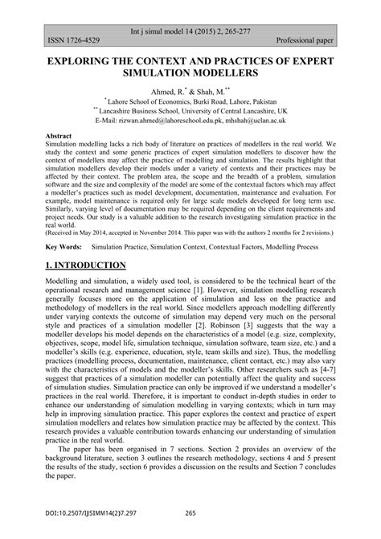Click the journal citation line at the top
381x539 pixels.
coord(190,27)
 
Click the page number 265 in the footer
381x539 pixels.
coord(190,512)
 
